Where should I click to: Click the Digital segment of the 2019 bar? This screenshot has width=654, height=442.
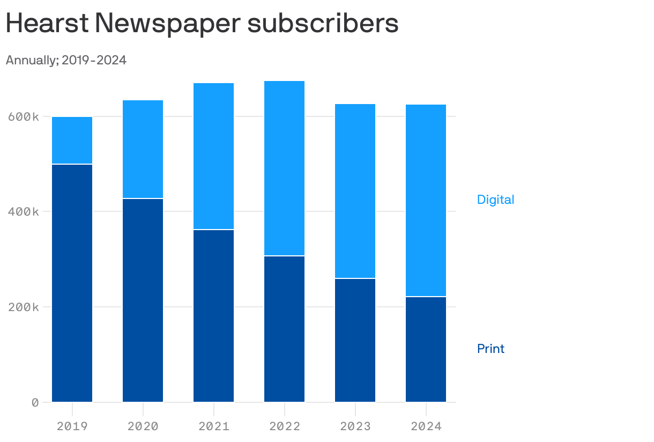[72, 140]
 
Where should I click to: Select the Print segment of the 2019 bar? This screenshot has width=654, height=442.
[72, 283]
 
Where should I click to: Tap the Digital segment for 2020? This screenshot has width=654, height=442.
[143, 149]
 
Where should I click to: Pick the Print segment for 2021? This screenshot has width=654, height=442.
[213, 315]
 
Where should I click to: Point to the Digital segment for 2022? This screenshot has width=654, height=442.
[284, 168]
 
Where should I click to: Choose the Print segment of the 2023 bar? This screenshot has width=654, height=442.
[355, 340]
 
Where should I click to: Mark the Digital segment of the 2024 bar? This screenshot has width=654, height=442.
[426, 200]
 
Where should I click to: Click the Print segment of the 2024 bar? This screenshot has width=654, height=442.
[426, 349]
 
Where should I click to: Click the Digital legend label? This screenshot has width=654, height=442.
[495, 200]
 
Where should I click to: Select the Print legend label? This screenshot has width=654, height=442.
[490, 349]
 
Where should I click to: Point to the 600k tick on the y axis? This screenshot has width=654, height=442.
[23, 116]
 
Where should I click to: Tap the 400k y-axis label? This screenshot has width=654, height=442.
[23, 212]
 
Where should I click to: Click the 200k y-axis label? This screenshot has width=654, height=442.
[23, 307]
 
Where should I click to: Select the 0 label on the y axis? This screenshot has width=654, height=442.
[35, 402]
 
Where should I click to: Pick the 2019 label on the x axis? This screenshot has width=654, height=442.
[72, 426]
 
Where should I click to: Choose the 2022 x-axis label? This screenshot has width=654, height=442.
[284, 426]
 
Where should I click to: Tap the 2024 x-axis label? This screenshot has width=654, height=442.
[426, 426]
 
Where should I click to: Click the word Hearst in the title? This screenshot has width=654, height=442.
[47, 24]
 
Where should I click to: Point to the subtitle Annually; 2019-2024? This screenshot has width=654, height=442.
[66, 60]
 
